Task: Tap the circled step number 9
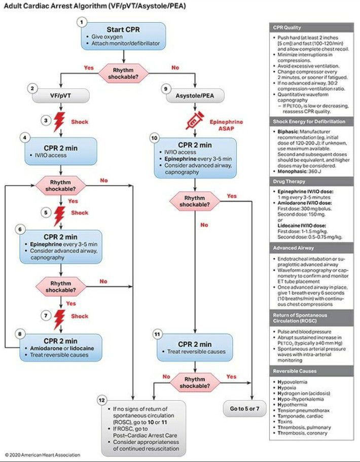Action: (x=165, y=88)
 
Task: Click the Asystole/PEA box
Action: (x=195, y=95)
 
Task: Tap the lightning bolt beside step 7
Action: (x=60, y=318)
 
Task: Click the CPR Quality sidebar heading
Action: (x=312, y=28)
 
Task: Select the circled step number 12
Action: (x=102, y=401)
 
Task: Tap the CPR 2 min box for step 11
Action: (x=195, y=347)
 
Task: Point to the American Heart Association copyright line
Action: (x=43, y=455)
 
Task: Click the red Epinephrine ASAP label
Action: (x=226, y=125)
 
